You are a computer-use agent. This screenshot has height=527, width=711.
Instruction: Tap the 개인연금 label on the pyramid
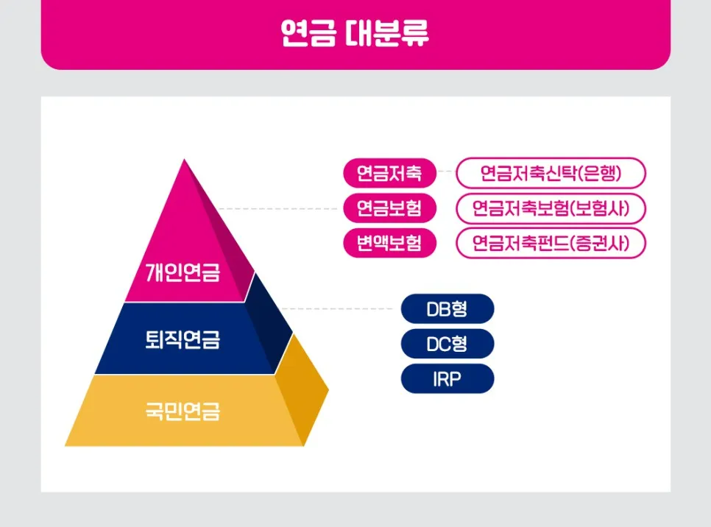click(183, 275)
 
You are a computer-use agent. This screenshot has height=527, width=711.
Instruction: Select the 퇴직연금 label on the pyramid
click(183, 340)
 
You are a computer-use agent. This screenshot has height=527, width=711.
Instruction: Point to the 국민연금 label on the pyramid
click(183, 410)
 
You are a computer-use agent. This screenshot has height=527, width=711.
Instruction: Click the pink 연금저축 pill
click(389, 174)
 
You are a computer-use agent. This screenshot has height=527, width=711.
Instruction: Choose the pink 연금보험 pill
click(389, 208)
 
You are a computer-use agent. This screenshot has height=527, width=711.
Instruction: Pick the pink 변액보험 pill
click(389, 243)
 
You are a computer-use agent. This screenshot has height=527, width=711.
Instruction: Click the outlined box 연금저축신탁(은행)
click(551, 174)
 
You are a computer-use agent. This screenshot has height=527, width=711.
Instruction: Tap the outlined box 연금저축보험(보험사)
click(551, 208)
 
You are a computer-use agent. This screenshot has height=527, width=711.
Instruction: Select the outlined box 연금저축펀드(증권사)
click(551, 243)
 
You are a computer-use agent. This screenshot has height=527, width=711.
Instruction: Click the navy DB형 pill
click(447, 309)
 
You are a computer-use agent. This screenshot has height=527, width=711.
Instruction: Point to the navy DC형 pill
click(447, 344)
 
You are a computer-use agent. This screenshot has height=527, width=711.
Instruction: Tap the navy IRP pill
click(447, 378)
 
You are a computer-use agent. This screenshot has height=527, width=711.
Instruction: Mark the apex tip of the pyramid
click(184, 160)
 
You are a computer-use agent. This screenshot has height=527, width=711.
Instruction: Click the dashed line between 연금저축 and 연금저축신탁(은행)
click(446, 174)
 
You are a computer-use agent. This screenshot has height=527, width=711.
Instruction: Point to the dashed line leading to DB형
click(339, 309)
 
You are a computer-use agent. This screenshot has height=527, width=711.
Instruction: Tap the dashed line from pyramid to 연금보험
click(280, 209)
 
